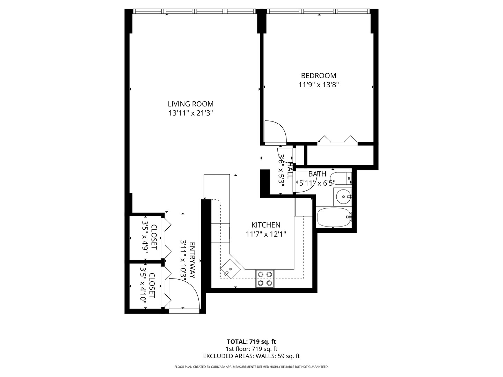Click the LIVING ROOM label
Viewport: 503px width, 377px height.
190,104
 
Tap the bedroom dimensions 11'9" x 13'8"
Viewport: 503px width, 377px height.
319,84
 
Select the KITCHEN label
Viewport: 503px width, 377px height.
266,225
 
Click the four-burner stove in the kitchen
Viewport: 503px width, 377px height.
265,279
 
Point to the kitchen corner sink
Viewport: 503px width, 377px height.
230,269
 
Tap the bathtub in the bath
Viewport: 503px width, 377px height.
333,217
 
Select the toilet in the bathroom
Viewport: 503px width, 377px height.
341,178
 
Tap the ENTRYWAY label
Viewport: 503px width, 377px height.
192,260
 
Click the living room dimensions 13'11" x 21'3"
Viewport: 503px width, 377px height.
190,113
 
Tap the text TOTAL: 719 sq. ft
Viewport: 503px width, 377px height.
251,341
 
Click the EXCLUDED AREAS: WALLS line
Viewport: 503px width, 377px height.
251,356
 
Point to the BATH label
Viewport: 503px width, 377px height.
317,174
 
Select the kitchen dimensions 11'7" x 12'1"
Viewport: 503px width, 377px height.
266,234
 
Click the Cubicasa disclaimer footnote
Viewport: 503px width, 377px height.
251,367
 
